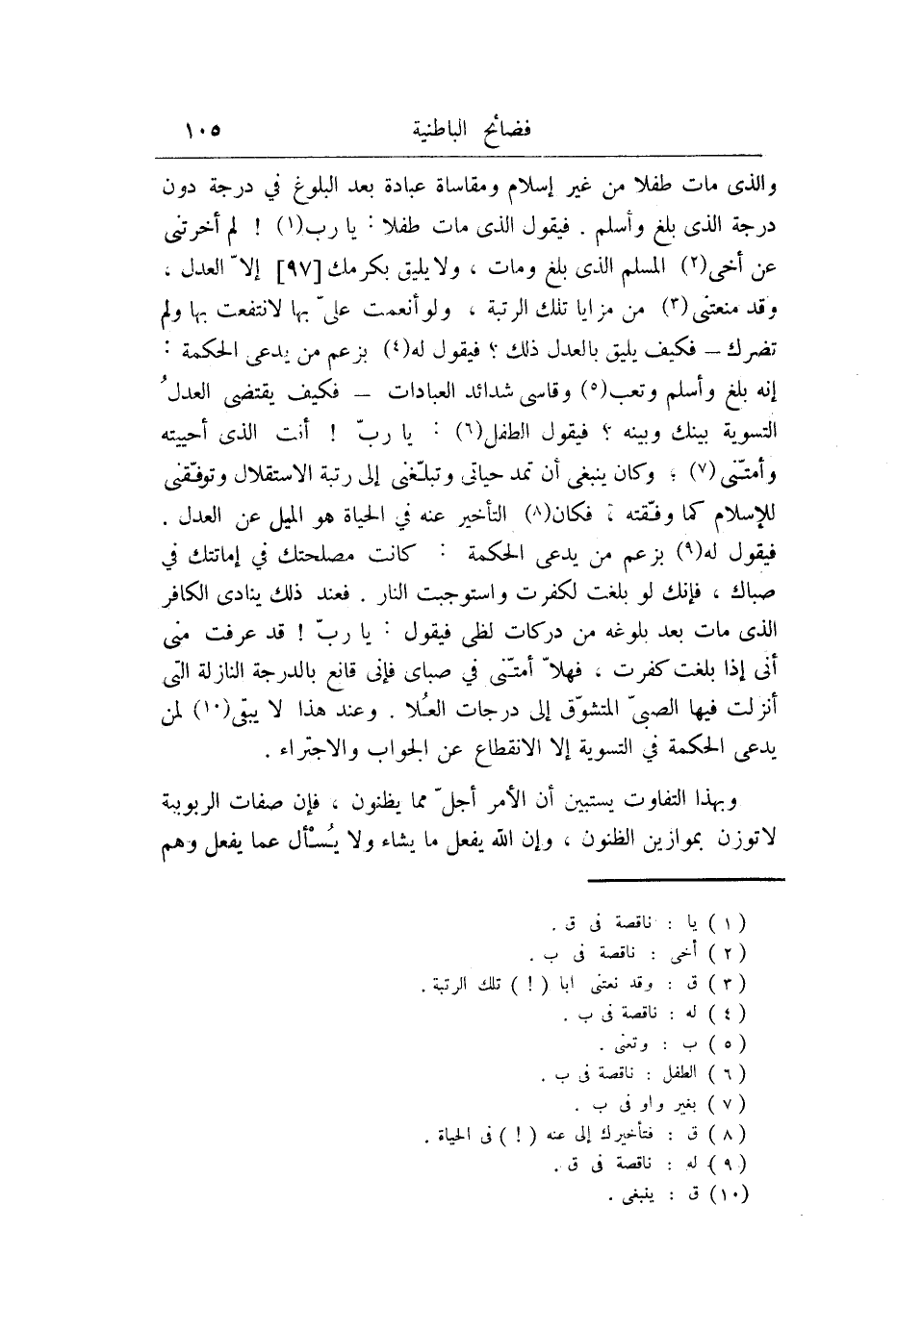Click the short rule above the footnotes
tap(686, 878)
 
